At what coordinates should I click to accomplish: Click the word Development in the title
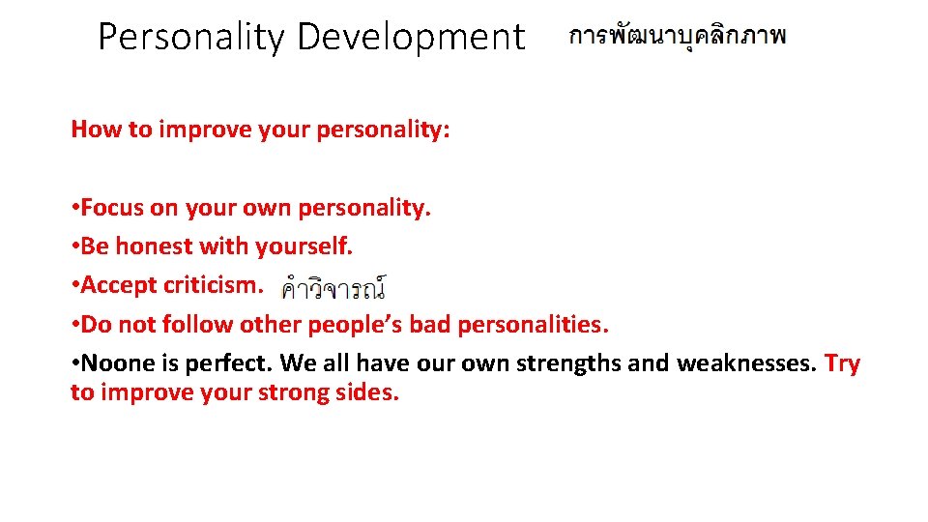click(x=411, y=38)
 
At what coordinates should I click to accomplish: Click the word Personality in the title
click(x=191, y=38)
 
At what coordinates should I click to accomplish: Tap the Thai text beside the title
click(x=678, y=37)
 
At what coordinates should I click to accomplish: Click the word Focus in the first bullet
click(x=111, y=208)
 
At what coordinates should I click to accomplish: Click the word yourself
click(x=304, y=247)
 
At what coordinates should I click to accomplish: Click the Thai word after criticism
click(x=333, y=287)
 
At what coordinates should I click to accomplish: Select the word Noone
click(x=112, y=363)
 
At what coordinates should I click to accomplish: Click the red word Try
click(x=842, y=363)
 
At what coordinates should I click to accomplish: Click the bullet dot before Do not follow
click(x=74, y=325)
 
